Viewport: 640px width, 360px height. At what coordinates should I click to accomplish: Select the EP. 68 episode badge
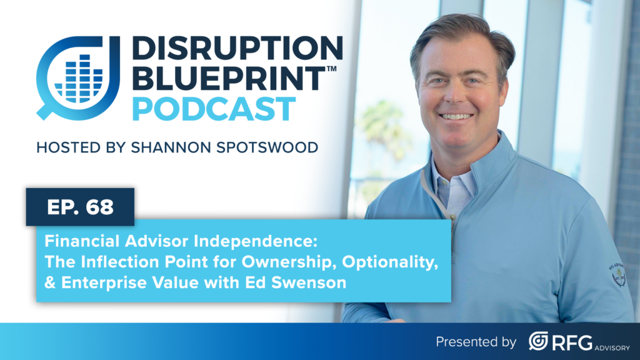[80, 207]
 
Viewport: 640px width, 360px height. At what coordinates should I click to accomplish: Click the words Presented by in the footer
[476, 342]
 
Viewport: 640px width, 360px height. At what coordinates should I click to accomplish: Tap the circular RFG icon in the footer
[538, 341]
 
